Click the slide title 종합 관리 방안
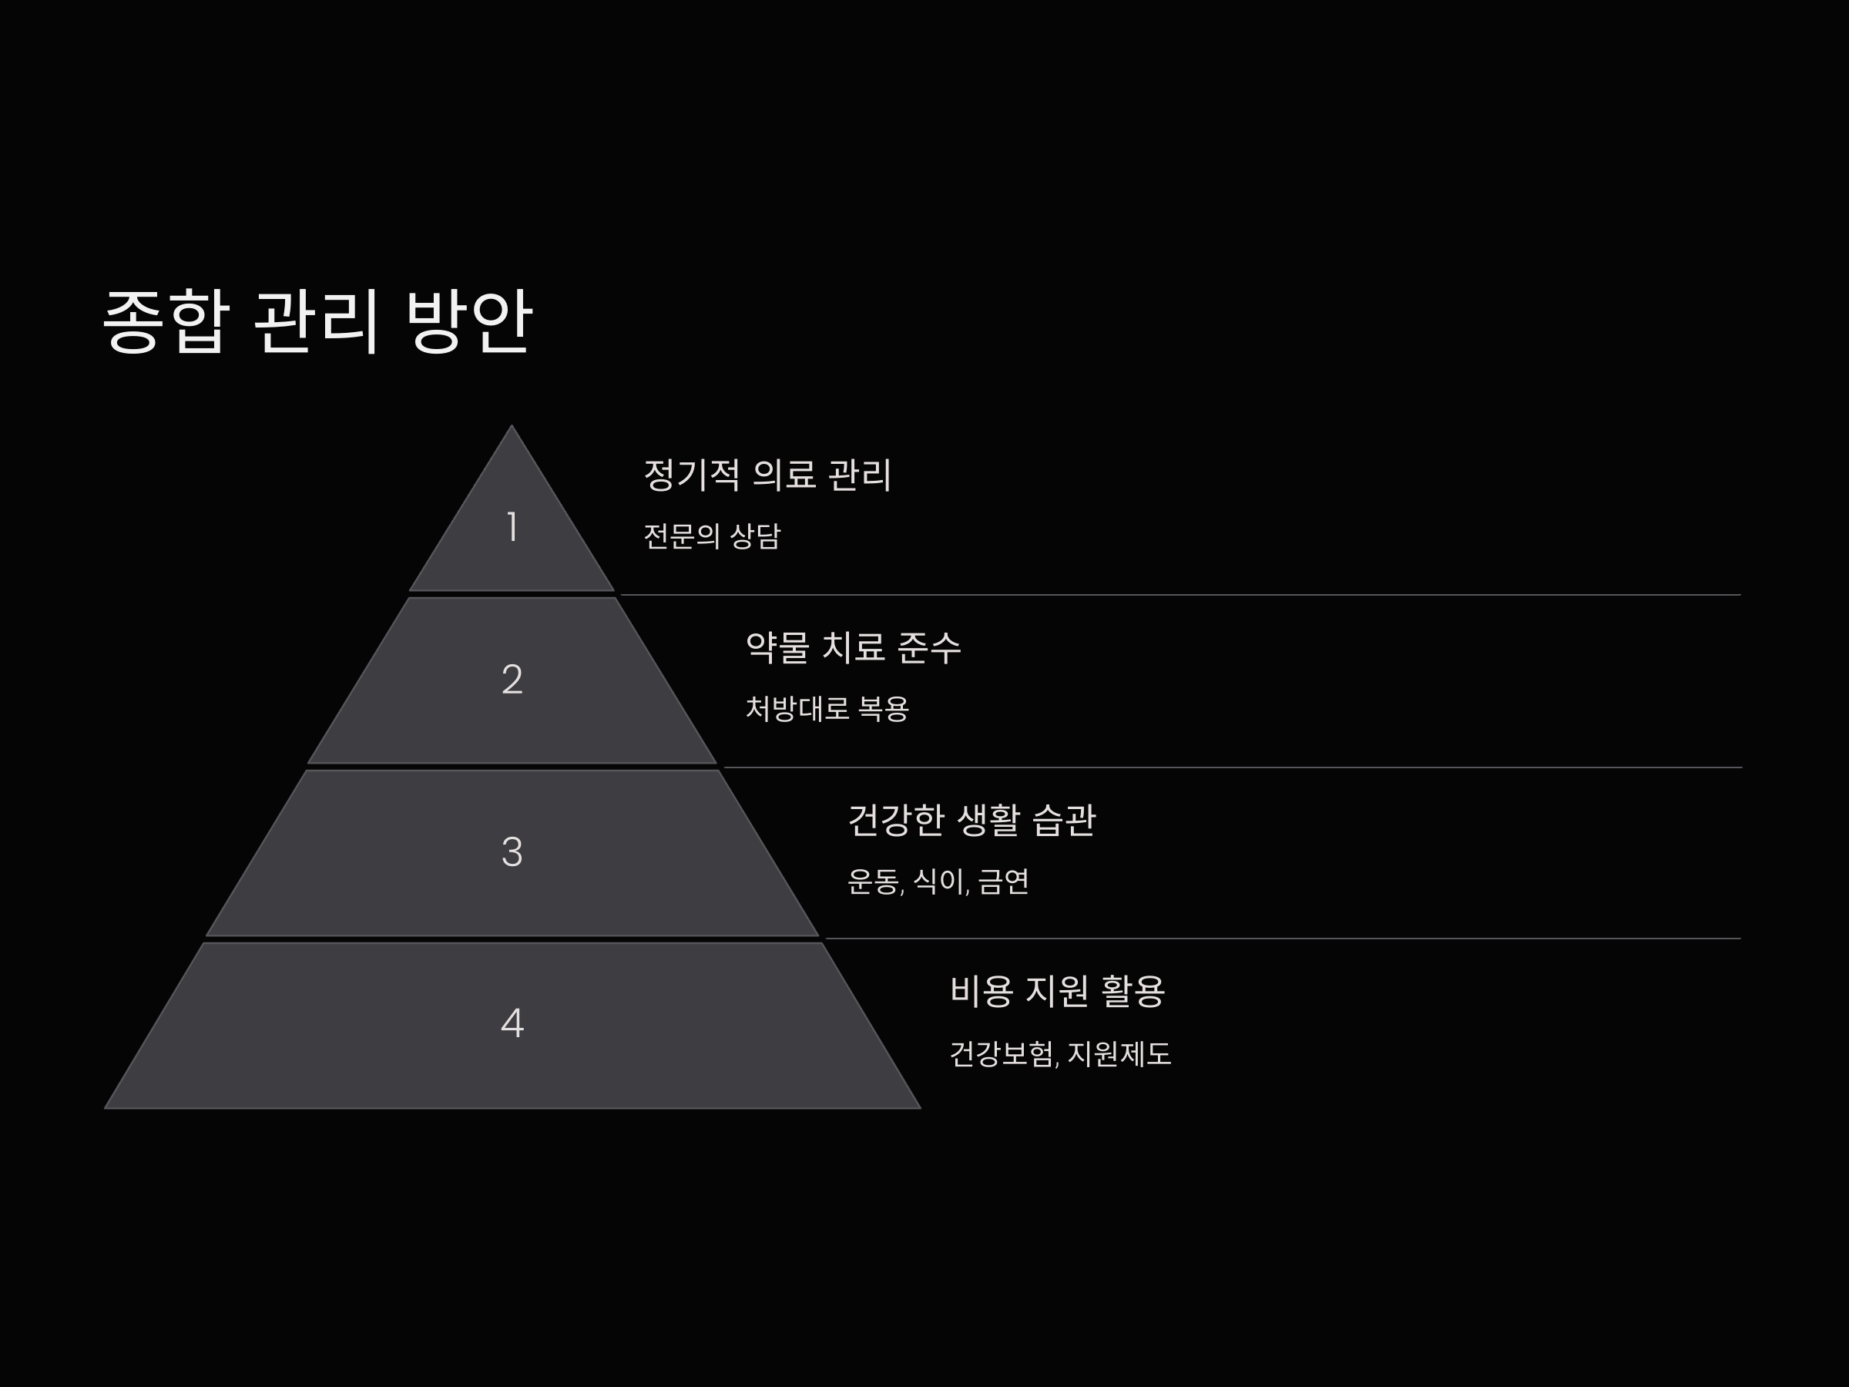317,321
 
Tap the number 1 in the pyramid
512,528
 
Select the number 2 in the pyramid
512,680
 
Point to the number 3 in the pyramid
512,852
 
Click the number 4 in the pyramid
512,1023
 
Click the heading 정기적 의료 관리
767,475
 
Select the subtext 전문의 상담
711,536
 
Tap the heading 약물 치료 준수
853,647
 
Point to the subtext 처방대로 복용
827,709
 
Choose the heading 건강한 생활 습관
971,820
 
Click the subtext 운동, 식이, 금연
938,882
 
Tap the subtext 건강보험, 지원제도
1060,1053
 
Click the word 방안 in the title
468,321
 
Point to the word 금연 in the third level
1004,882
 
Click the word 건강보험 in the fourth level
1002,1053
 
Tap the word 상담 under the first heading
755,536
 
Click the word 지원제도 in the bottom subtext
1119,1053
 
